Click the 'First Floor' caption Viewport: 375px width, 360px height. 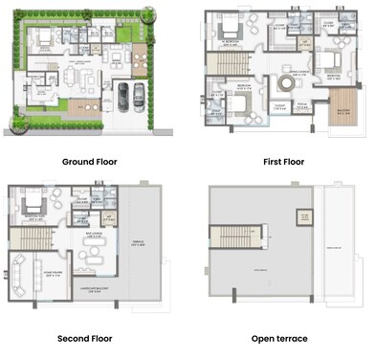coord(283,162)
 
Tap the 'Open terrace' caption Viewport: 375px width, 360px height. coord(283,339)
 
